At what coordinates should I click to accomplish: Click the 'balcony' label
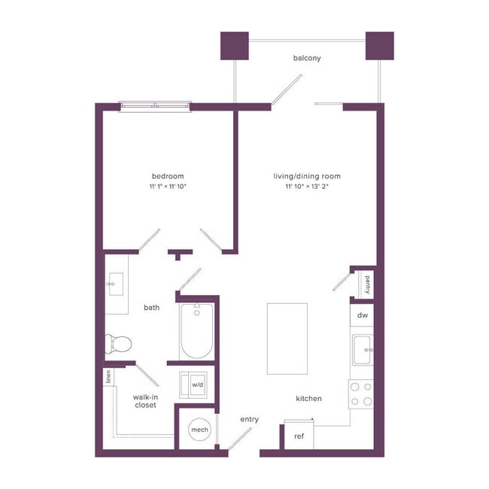(308, 58)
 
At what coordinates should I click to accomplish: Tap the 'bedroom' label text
(168, 176)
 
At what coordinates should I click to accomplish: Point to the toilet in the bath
(118, 344)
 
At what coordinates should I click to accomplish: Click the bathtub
(197, 331)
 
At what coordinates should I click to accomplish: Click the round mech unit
(199, 430)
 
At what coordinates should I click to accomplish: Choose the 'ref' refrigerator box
(299, 436)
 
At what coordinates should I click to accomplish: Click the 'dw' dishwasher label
(363, 315)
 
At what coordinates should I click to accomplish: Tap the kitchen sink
(363, 349)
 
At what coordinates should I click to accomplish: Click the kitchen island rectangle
(287, 339)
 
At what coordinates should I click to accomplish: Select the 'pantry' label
(367, 284)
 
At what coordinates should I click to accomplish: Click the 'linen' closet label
(109, 377)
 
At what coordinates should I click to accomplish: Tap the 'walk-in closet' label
(144, 400)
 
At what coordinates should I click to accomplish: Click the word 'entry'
(249, 419)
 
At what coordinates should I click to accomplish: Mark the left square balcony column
(234, 46)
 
